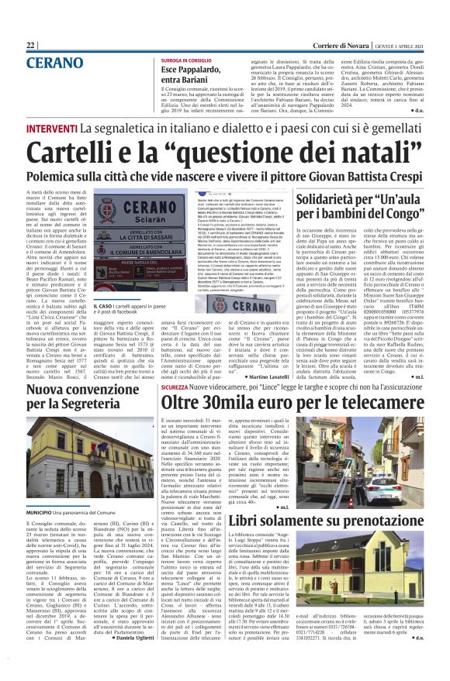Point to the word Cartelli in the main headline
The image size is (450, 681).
click(94, 150)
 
